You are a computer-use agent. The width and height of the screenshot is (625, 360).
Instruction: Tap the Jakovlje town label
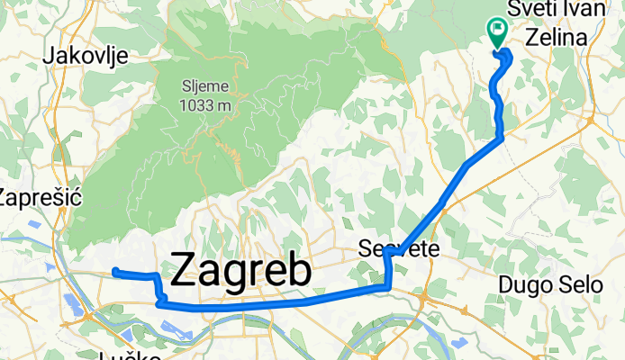[x=86, y=56]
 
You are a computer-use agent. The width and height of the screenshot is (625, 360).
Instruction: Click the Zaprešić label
[x=40, y=197]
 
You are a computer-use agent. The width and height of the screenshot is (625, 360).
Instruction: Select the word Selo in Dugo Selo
[x=582, y=285]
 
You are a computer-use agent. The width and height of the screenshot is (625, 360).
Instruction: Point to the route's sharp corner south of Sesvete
[x=388, y=288]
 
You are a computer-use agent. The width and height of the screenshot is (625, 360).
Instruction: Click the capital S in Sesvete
[x=365, y=248]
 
